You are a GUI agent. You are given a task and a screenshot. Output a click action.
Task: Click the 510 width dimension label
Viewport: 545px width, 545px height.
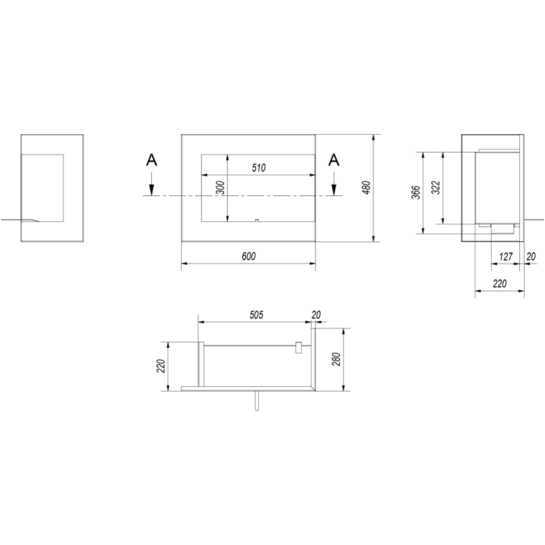click(x=259, y=168)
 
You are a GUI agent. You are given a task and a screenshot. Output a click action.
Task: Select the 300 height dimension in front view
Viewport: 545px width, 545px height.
click(x=220, y=188)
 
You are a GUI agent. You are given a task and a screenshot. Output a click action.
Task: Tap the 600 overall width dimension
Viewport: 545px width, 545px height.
click(x=249, y=256)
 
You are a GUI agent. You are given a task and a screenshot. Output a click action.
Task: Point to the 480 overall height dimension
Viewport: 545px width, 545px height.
click(x=367, y=188)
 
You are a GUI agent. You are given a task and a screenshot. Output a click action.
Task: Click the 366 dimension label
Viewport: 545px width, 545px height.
click(x=416, y=193)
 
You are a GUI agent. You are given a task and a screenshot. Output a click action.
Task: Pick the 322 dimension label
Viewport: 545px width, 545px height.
click(x=437, y=188)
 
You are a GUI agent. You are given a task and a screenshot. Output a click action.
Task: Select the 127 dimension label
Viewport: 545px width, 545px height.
click(x=505, y=257)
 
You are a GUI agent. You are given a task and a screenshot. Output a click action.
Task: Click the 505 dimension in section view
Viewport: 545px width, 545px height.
click(x=257, y=315)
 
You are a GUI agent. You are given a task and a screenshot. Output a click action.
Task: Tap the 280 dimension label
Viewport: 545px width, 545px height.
click(x=336, y=360)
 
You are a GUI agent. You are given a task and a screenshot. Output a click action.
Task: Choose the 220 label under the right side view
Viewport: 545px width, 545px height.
click(x=500, y=283)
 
